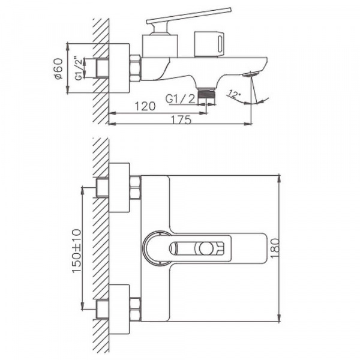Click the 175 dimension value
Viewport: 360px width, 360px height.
tap(180, 119)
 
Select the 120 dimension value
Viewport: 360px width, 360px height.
tap(146, 106)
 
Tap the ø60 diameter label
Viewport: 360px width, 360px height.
tap(58, 68)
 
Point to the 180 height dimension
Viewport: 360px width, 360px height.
tap(292, 248)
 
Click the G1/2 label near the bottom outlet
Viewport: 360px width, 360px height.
tap(180, 98)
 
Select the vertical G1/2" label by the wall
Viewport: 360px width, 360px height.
tap(78, 68)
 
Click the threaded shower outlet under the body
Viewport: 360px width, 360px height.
tap(206, 94)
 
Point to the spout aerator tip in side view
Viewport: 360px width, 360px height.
tap(250, 75)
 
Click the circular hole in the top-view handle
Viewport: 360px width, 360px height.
tap(206, 247)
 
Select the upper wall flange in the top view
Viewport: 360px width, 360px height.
tap(119, 187)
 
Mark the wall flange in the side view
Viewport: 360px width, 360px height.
tap(119, 68)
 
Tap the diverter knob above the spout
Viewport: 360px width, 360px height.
tap(210, 44)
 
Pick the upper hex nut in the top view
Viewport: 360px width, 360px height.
tap(135, 187)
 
